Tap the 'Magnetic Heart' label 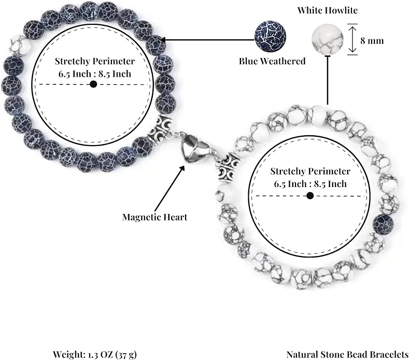[154, 217]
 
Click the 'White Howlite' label [328, 10]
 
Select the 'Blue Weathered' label [272, 61]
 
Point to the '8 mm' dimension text [372, 41]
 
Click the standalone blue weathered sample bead [270, 36]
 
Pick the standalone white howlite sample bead [328, 39]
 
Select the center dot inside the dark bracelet [93, 84]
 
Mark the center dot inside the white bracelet [310, 195]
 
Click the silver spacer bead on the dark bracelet [160, 129]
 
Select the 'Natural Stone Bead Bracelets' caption [347, 354]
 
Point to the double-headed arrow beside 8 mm [352, 39]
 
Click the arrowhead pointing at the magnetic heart [182, 168]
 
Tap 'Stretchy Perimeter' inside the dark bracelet [95, 61]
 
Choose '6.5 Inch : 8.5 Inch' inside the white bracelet [310, 184]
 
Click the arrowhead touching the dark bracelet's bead [163, 40]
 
